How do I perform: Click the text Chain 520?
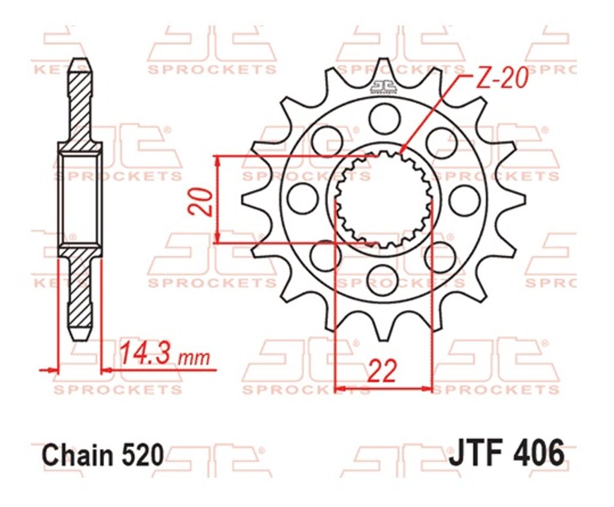(x=102, y=455)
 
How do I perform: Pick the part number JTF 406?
(x=507, y=454)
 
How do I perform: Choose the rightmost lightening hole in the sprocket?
(x=465, y=200)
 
